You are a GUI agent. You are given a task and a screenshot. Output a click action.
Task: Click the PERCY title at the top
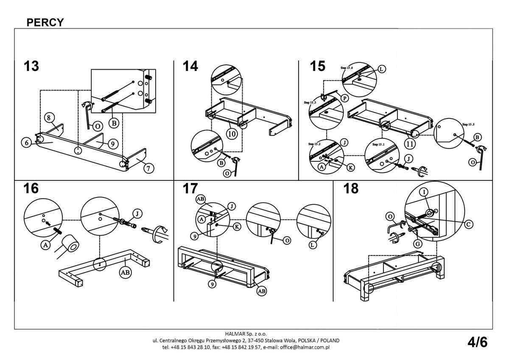pyautogui.click(x=45, y=22)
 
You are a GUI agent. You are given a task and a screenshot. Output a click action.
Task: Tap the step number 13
pyautogui.click(x=31, y=66)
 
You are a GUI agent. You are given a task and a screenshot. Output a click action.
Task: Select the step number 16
pyautogui.click(x=31, y=188)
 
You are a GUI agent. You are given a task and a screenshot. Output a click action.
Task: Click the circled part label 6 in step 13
pyautogui.click(x=26, y=143)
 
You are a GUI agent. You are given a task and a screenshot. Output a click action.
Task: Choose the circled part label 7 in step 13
pyautogui.click(x=148, y=168)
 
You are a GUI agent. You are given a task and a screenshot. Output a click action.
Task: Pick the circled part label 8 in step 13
pyautogui.click(x=49, y=117)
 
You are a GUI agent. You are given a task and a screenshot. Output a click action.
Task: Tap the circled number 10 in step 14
pyautogui.click(x=232, y=134)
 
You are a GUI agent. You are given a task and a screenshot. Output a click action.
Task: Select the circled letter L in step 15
pyautogui.click(x=381, y=69)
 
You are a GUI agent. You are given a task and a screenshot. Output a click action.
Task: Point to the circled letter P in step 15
pyautogui.click(x=344, y=98)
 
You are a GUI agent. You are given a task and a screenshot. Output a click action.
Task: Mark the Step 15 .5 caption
pyautogui.click(x=468, y=125)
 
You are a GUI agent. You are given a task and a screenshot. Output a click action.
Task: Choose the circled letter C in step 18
pyautogui.click(x=468, y=224)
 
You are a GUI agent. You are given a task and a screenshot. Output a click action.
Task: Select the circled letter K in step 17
pyautogui.click(x=237, y=227)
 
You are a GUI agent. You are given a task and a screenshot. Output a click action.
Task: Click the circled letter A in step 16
pyautogui.click(x=45, y=244)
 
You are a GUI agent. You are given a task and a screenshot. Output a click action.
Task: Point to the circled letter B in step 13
pyautogui.click(x=113, y=124)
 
